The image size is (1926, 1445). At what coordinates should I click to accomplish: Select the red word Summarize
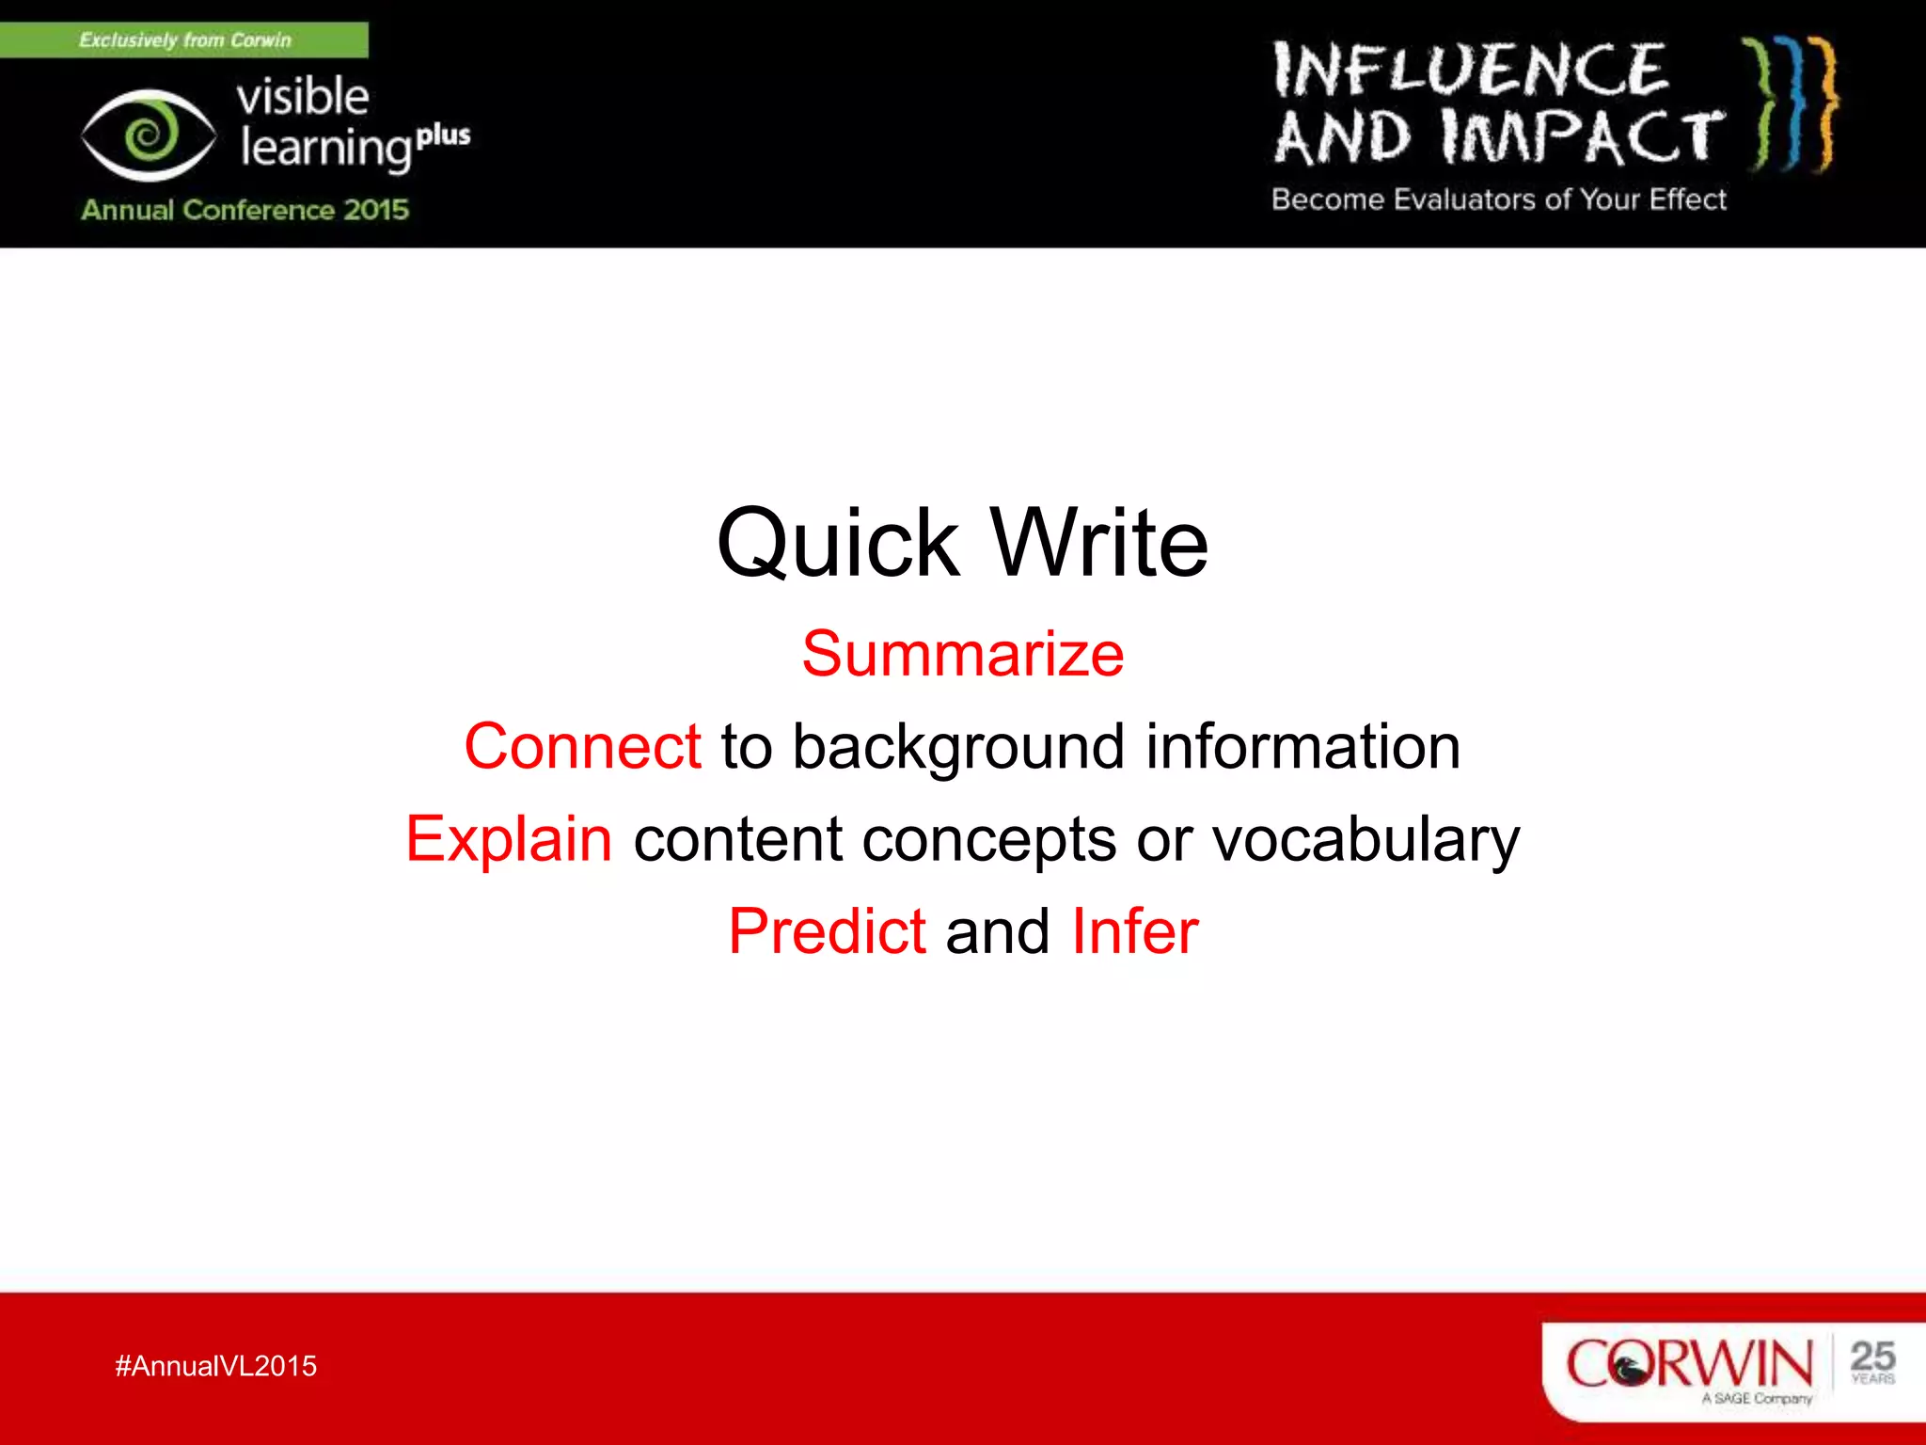pos(962,654)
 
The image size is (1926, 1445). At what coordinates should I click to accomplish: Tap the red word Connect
pos(582,746)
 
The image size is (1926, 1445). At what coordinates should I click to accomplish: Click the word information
pos(1302,746)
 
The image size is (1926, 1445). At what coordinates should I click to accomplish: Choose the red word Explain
pos(509,839)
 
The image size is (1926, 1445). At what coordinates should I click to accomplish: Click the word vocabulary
pos(1365,839)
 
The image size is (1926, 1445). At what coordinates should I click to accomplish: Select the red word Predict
pos(827,931)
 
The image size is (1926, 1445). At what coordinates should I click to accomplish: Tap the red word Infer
pos(1135,931)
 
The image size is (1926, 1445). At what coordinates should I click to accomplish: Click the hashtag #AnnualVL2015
pos(215,1366)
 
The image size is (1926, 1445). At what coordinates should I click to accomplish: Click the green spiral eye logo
pos(148,135)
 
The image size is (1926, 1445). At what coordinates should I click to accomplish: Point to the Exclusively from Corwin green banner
pos(184,40)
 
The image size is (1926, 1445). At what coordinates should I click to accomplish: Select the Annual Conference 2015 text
pos(245,210)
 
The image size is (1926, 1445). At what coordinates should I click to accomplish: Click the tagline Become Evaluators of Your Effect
pos(1498,199)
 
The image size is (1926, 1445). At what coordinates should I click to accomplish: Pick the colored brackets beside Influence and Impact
pos(1792,103)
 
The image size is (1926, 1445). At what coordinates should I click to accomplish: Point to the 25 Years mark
pos(1871,1361)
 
